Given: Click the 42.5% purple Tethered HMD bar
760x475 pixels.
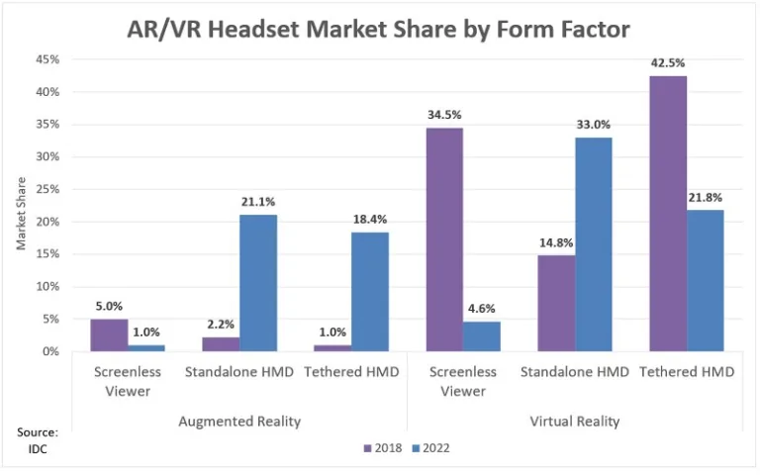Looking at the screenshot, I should click(x=668, y=213).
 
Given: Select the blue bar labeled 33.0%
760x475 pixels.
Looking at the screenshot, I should click(x=594, y=243).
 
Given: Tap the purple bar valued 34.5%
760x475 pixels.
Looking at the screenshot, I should click(x=444, y=238).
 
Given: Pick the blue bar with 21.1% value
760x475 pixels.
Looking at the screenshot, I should click(x=258, y=282).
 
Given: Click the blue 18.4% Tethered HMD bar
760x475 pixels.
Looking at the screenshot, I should click(x=370, y=291).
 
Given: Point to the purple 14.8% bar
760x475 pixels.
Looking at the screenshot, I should click(x=556, y=303).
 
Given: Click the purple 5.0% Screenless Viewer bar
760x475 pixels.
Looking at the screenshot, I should click(x=109, y=334).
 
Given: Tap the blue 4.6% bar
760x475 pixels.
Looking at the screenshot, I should click(x=482, y=335).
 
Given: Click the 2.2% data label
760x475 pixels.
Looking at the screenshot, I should click(x=221, y=324).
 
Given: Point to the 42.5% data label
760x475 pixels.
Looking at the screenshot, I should click(x=668, y=62).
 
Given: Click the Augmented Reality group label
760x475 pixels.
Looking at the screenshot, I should click(x=239, y=422).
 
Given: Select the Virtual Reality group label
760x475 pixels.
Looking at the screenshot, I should click(x=574, y=422).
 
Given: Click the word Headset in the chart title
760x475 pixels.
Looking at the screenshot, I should click(x=261, y=29).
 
